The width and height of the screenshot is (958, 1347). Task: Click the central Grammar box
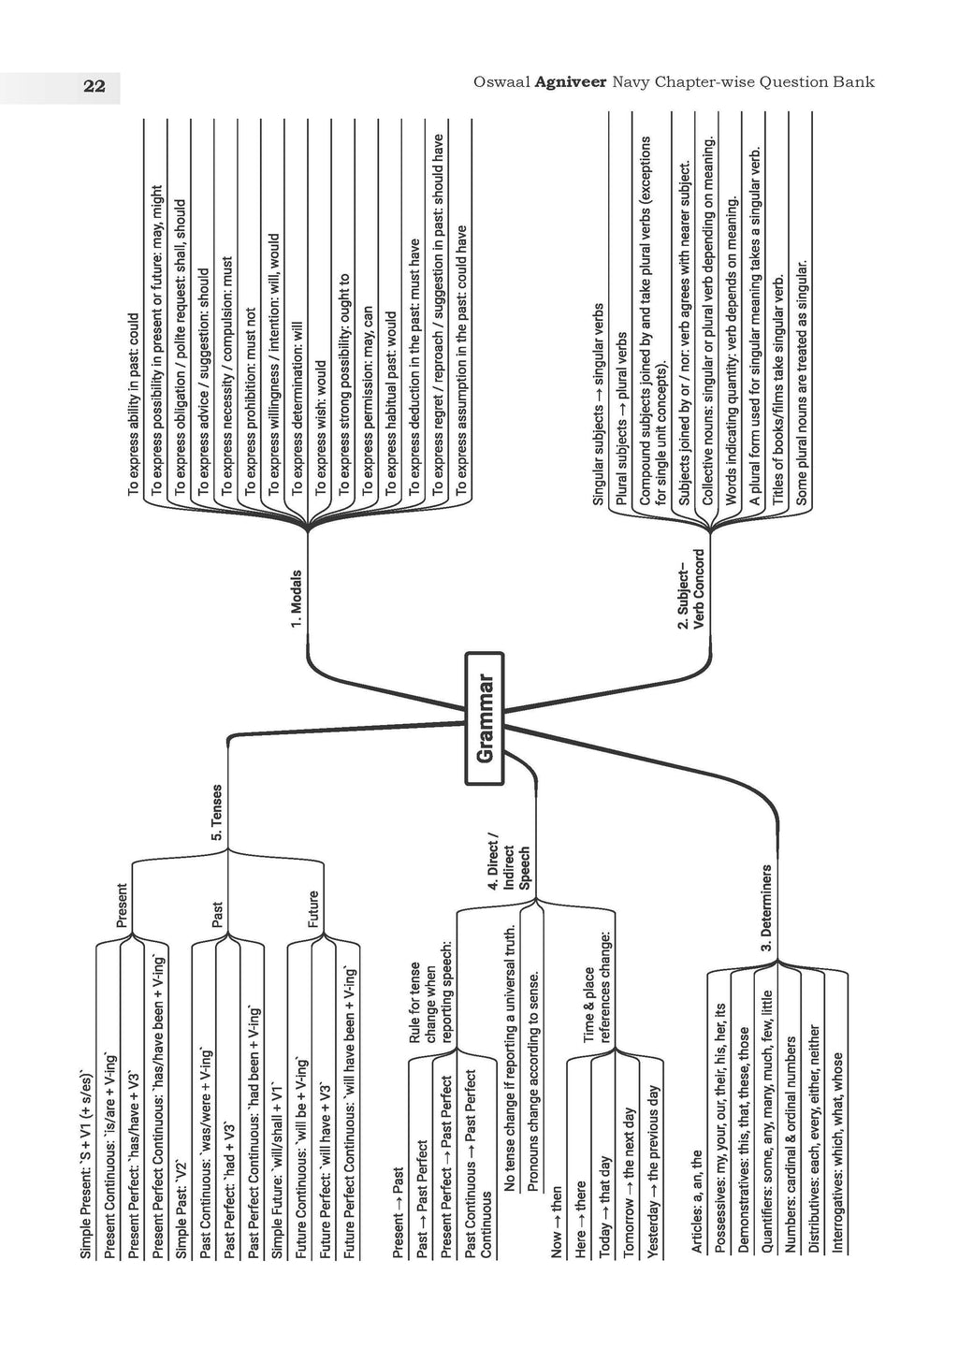pyautogui.click(x=485, y=718)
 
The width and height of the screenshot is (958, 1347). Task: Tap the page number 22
pyautogui.click(x=94, y=87)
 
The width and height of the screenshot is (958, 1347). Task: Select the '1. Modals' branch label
pyautogui.click(x=297, y=599)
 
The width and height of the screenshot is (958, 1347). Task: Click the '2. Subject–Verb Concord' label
pyautogui.click(x=690, y=588)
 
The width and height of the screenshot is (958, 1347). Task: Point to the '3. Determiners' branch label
pyautogui.click(x=766, y=908)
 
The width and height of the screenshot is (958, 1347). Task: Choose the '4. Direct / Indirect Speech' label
pyautogui.click(x=508, y=862)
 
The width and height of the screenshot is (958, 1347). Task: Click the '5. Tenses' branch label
pyautogui.click(x=216, y=812)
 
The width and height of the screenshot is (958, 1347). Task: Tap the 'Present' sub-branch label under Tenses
pyautogui.click(x=122, y=905)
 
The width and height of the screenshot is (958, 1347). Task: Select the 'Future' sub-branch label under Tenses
pyautogui.click(x=312, y=908)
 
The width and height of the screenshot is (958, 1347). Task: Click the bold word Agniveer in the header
pyautogui.click(x=570, y=81)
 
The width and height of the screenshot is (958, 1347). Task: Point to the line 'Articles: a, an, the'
pyautogui.click(x=696, y=1201)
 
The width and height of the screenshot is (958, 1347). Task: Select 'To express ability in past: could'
pyautogui.click(x=133, y=404)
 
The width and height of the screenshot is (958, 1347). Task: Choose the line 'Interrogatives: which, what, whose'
pyautogui.click(x=837, y=1152)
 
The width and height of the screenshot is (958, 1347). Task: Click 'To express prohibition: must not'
pyautogui.click(x=250, y=401)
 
